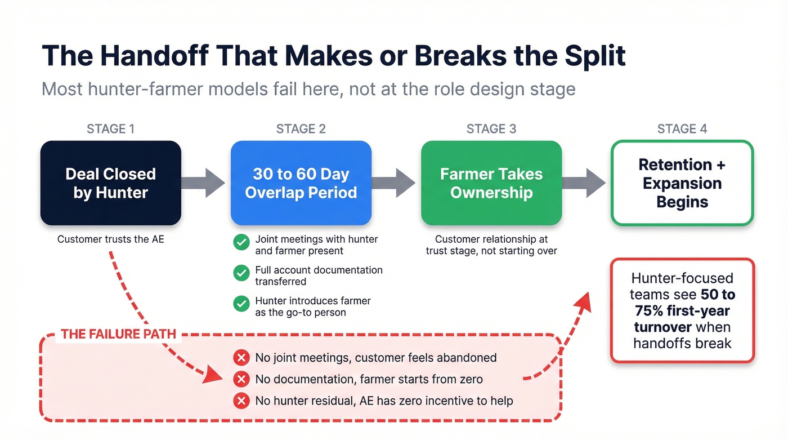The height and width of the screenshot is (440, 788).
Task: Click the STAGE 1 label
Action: (x=110, y=129)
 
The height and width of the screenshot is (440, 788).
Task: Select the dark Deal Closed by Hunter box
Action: (x=110, y=183)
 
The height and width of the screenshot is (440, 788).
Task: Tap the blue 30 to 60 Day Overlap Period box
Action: (x=301, y=183)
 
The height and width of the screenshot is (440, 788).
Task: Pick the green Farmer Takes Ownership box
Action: (x=491, y=183)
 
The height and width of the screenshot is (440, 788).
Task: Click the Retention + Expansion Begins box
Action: (x=682, y=183)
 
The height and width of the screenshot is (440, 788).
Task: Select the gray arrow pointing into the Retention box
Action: (x=585, y=183)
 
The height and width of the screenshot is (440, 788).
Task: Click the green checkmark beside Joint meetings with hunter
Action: (x=241, y=243)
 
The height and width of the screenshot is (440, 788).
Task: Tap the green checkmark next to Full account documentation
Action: (x=241, y=273)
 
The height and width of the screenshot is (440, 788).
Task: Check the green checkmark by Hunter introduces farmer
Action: (x=241, y=304)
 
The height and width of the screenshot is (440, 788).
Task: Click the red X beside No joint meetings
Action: (x=241, y=357)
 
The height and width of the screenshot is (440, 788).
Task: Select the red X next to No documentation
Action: (x=241, y=379)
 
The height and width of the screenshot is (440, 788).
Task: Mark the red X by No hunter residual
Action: (x=241, y=401)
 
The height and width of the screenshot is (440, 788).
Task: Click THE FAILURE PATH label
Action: (x=118, y=334)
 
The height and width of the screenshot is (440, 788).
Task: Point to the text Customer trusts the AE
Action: (x=110, y=239)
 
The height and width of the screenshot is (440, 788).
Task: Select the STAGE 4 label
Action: (x=682, y=129)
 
